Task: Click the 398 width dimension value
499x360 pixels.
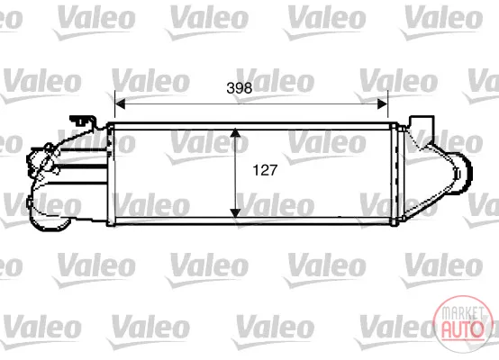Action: tap(239, 88)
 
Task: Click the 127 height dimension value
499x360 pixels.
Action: tap(265, 170)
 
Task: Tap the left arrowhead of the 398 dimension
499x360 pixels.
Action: tap(120, 103)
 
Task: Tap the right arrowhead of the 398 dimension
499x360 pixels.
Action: tap(383, 103)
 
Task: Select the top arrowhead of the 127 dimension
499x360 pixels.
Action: tap(235, 132)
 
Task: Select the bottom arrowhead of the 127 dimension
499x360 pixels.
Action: tap(235, 212)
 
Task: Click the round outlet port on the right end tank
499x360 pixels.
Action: tap(463, 173)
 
